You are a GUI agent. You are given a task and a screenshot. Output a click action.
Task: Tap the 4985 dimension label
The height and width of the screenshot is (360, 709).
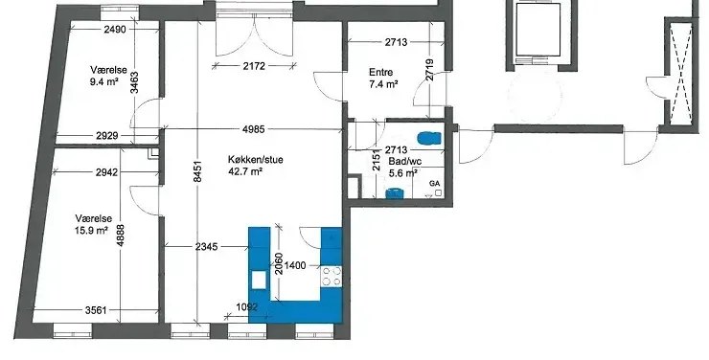coord(253,129)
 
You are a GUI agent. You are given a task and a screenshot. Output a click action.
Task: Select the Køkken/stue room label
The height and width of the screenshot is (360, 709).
coord(256,160)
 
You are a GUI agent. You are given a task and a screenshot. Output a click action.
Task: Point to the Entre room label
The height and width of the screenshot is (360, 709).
coord(380,72)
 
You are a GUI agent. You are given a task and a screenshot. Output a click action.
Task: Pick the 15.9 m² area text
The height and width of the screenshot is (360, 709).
coord(91,231)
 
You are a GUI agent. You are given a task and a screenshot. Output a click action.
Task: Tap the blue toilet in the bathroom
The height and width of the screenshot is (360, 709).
coord(429,138)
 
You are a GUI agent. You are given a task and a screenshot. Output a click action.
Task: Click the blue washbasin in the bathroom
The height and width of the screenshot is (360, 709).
coord(394,193)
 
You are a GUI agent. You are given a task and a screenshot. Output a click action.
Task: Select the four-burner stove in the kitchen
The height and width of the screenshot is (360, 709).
coord(332,277)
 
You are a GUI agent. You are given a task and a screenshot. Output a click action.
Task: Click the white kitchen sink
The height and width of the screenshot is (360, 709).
coord(259,280)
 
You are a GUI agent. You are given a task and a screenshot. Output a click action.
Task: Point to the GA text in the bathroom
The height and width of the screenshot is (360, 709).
coord(435,184)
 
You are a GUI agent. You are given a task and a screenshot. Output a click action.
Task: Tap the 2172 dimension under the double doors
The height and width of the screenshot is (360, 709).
coord(254,66)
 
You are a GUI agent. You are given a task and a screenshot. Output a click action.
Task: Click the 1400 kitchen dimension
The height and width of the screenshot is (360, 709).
coord(295,265)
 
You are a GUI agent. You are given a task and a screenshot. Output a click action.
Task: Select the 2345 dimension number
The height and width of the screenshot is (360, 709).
coord(207,247)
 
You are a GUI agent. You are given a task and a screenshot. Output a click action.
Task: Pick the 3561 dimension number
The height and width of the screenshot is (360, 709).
coord(96,310)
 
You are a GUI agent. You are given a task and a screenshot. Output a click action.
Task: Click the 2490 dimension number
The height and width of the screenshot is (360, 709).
coord(115,30)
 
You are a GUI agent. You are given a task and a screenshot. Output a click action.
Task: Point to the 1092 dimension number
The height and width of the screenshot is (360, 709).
coord(247,307)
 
